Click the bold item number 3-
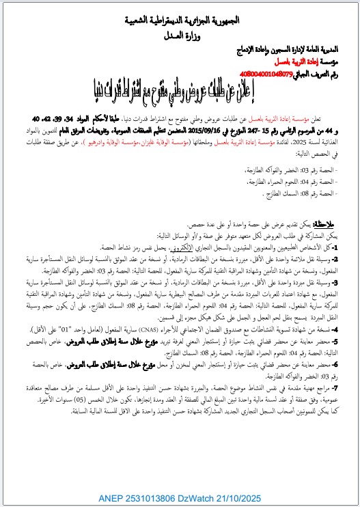click(x=348, y=279)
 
